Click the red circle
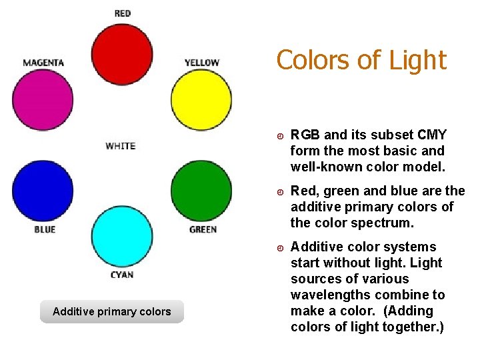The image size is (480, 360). [122, 54]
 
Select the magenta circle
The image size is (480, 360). [43, 100]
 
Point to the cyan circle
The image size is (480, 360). [122, 237]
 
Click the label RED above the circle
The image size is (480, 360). [123, 13]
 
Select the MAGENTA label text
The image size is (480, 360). [43, 63]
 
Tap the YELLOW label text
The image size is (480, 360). [202, 63]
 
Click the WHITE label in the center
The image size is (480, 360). [121, 146]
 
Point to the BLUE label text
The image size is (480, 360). [45, 229]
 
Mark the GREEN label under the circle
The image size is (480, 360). [203, 229]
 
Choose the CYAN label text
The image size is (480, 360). [122, 275]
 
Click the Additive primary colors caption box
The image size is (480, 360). [112, 311]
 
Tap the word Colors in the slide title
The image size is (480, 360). [314, 60]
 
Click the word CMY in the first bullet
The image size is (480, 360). [433, 135]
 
